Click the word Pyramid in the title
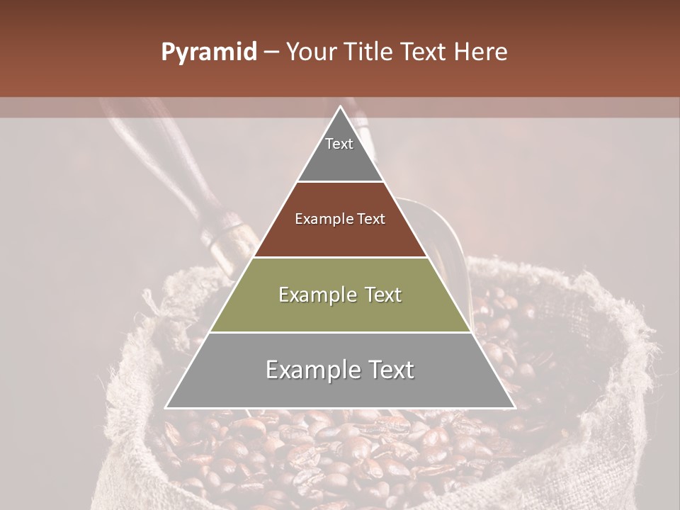point(208,52)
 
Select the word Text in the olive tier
point(380,295)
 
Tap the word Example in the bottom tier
point(307,370)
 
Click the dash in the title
point(271,52)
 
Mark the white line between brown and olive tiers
point(340,257)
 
